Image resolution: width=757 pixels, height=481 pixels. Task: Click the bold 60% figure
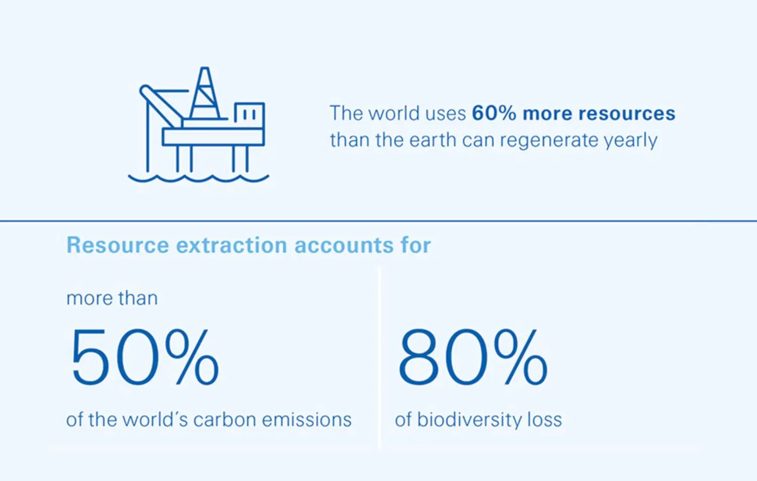494,113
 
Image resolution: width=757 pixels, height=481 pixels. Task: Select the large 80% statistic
473,357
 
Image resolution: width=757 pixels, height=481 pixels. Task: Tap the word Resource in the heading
118,245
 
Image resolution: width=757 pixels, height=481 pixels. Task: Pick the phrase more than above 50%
112,298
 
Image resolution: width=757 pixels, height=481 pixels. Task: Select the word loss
545,420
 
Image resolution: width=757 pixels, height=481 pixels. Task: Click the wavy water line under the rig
198,178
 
